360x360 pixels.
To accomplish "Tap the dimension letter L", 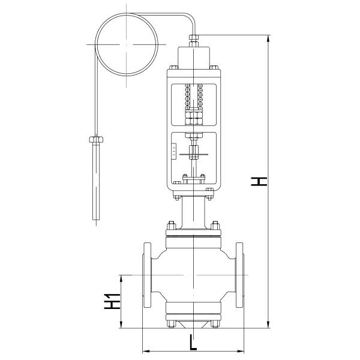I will pos(192,343).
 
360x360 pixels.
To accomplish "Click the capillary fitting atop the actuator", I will pos(193,41).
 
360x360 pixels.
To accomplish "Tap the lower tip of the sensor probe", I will pos(95,222).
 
